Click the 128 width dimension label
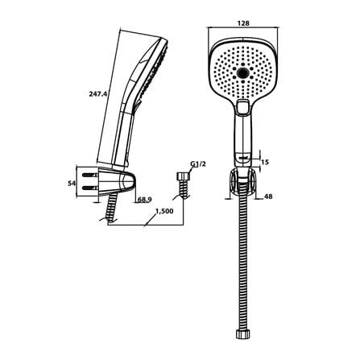pos(243,23)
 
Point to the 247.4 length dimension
pos(98,94)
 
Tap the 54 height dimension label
pos(71,184)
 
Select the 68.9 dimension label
pos(145,199)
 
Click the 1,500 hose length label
pos(164,211)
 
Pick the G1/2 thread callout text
pos(198,164)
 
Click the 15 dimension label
pos(265,163)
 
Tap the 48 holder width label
pos(268,197)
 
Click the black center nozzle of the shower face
pos(243,72)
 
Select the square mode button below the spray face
pos(243,107)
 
